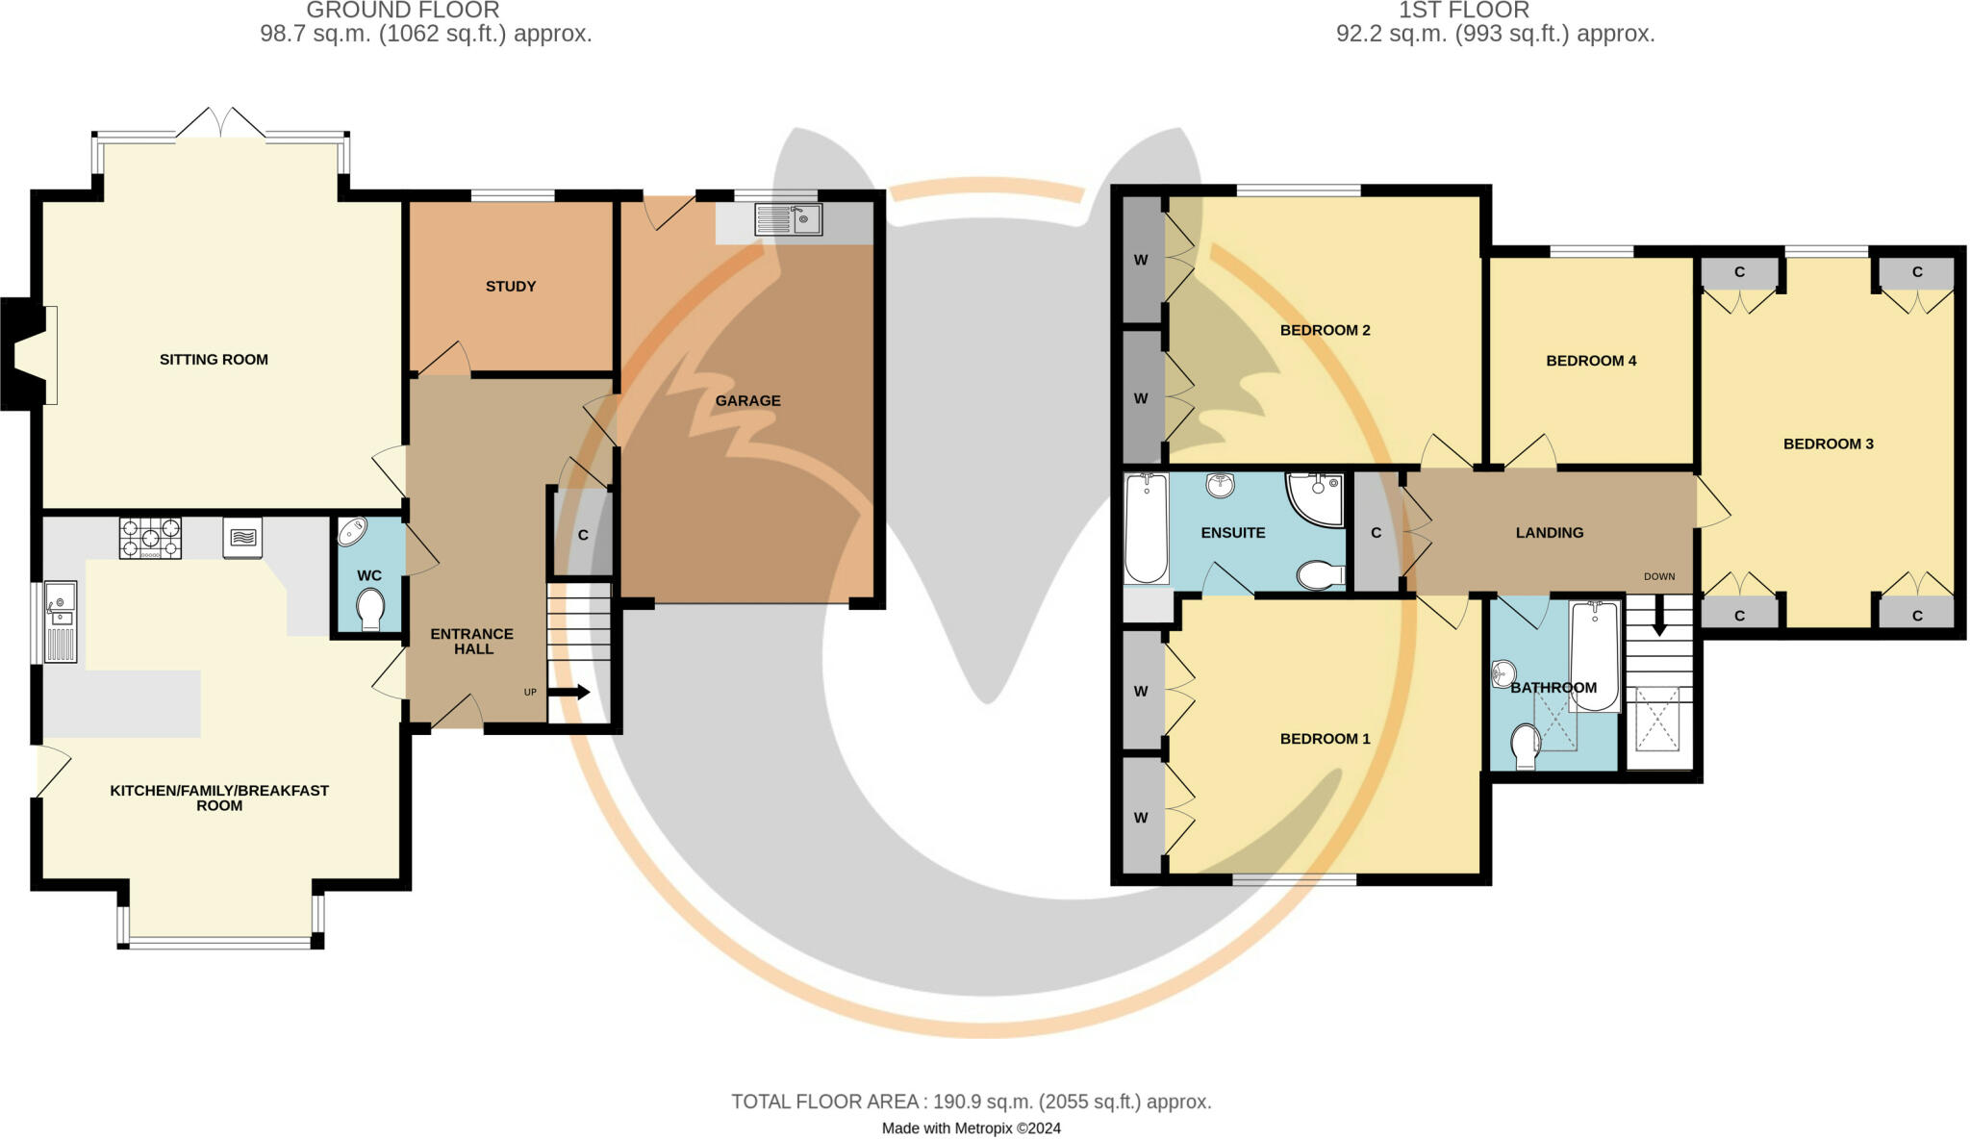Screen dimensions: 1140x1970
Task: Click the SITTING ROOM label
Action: coord(214,360)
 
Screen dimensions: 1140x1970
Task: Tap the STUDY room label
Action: coord(511,287)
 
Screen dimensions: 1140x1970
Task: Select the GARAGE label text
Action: coord(747,401)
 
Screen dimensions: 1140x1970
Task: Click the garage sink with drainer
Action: coord(788,219)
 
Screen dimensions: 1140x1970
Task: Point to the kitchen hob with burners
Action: coord(150,539)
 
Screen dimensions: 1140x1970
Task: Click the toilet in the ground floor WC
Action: coord(370,609)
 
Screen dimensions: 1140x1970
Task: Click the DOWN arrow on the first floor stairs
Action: coord(1659,617)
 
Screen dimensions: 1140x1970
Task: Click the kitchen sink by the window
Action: coord(61,622)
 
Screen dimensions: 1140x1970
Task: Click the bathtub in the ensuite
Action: coord(1146,528)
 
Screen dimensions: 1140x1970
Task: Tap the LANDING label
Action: coord(1549,533)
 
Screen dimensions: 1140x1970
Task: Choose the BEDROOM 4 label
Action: coord(1591,362)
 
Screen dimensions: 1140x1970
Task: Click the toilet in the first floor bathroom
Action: coord(1525,747)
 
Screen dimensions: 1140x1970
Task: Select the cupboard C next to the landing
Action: coord(1376,533)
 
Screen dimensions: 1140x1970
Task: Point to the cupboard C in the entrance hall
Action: coord(583,535)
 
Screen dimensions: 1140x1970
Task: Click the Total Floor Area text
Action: coord(971,1102)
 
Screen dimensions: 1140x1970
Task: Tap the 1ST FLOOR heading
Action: coord(1463,11)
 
